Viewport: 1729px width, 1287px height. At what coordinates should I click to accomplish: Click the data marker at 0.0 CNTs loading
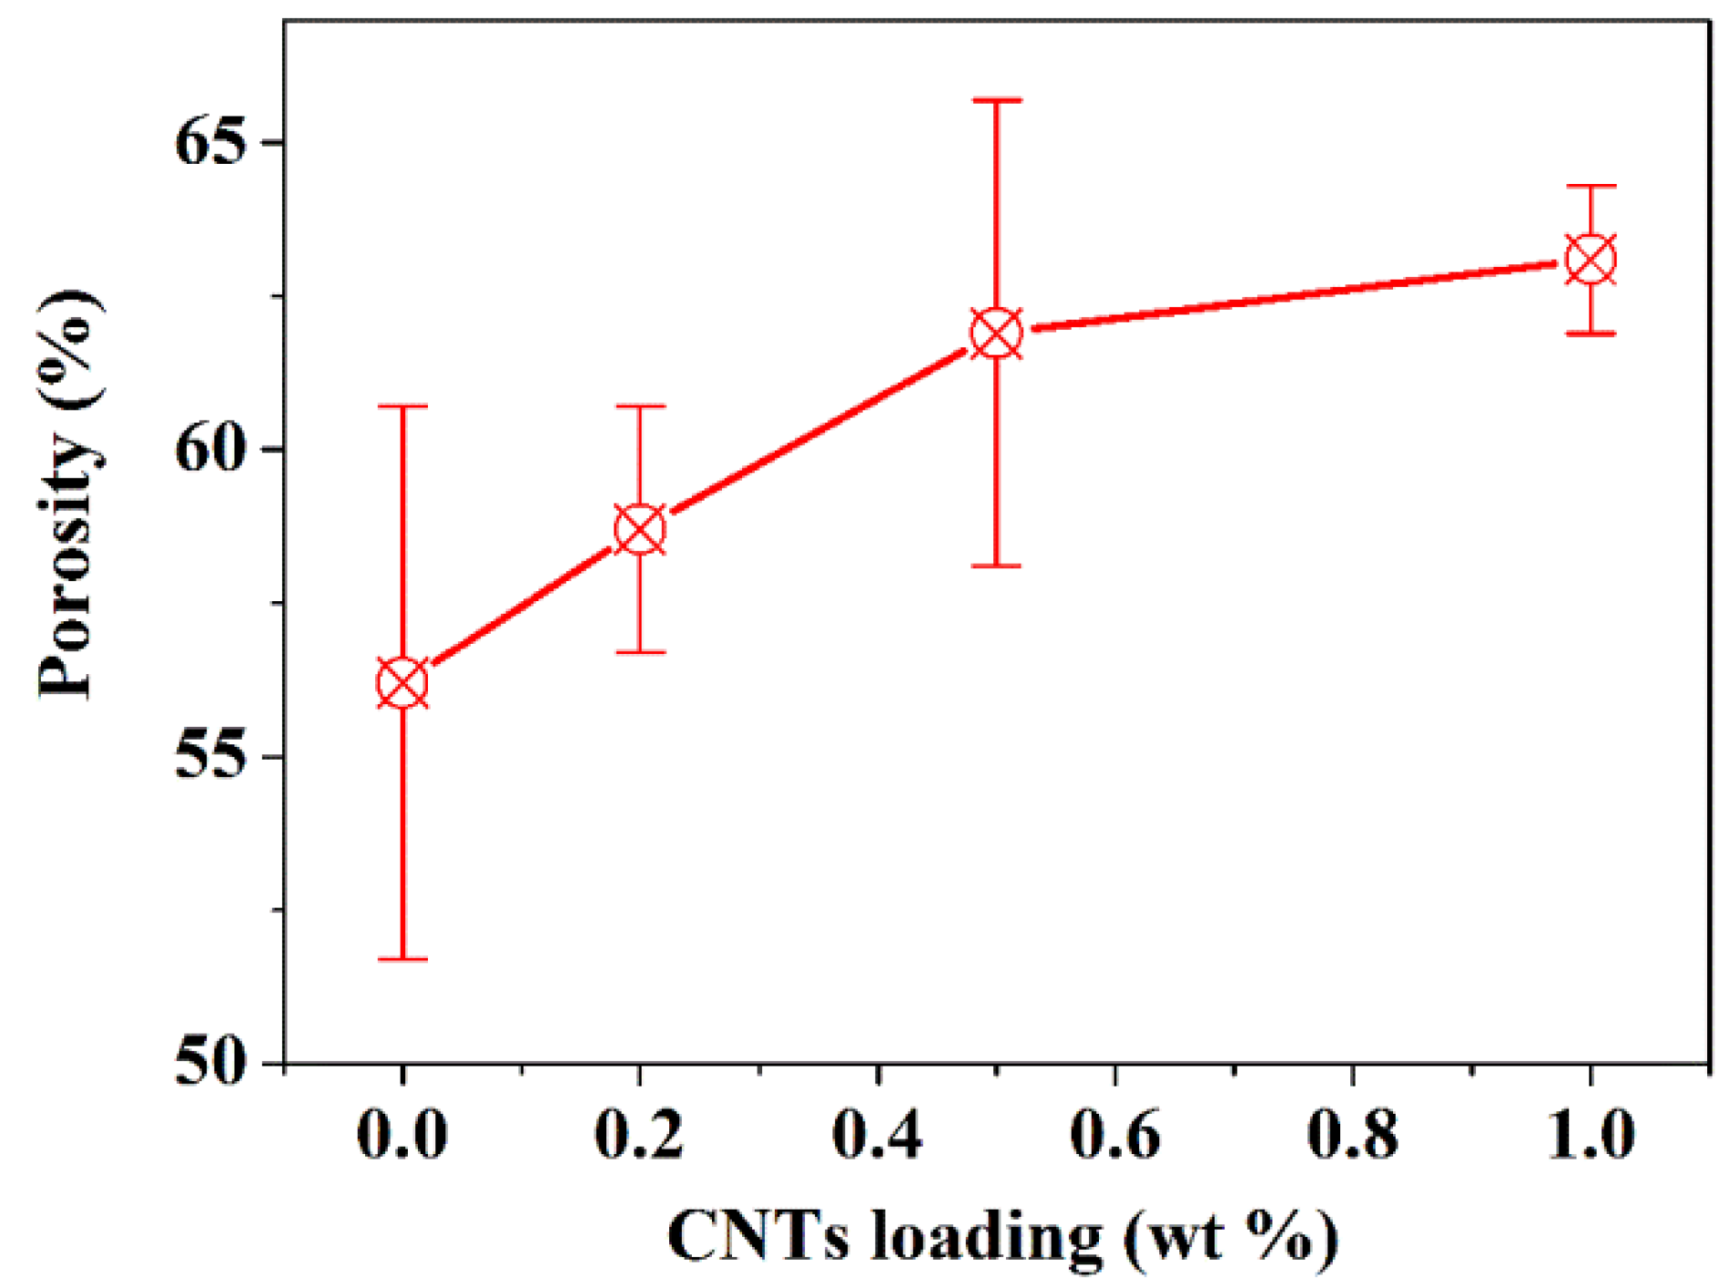click(x=402, y=683)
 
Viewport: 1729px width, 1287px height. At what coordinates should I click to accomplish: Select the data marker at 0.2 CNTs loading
click(x=640, y=529)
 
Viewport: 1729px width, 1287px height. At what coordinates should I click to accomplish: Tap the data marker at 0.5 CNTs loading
click(x=997, y=333)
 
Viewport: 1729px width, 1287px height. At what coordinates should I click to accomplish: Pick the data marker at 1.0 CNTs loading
click(x=1591, y=260)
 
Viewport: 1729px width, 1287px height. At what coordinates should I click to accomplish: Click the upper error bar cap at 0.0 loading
click(x=402, y=406)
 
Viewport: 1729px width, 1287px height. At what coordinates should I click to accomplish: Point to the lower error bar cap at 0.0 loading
click(x=402, y=959)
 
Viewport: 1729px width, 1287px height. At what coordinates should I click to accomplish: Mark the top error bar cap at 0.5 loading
click(x=997, y=100)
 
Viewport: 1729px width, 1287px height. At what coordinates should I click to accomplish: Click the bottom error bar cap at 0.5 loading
click(x=997, y=566)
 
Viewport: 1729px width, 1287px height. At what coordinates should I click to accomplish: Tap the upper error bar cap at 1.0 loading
click(x=1591, y=186)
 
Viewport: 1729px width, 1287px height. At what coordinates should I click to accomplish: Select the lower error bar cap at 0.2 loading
click(x=640, y=652)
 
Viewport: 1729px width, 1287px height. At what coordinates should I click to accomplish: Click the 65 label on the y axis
click(x=211, y=143)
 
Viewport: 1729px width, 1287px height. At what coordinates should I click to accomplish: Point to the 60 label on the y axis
click(x=211, y=449)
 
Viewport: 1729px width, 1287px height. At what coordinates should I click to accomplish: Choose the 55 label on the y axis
click(x=211, y=756)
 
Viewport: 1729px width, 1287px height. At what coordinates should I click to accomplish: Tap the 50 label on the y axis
click(x=211, y=1063)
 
